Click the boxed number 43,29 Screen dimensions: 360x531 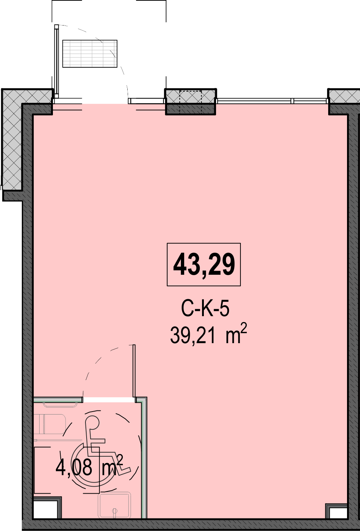pyautogui.click(x=204, y=264)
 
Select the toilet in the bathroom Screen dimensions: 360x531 pyautogui.click(x=49, y=425)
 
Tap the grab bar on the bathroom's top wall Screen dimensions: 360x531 pyautogui.click(x=60, y=405)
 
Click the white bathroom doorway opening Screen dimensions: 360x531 pyautogui.click(x=109, y=400)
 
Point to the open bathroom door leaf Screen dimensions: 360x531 pyautogui.click(x=134, y=371)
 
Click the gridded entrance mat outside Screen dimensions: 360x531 pyautogui.click(x=90, y=54)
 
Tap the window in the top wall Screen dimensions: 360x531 pyautogui.click(x=272, y=101)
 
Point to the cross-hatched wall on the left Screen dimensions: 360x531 pyautogui.click(x=12, y=140)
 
